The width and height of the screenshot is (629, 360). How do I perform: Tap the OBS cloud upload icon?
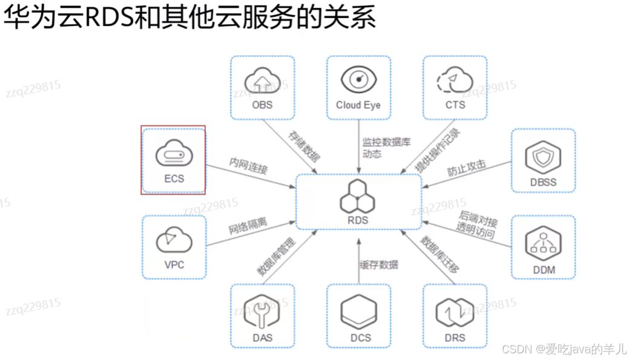pos(262,81)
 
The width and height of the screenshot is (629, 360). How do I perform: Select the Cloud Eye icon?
pos(358,80)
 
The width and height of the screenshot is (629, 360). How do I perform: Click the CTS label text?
pos(455,105)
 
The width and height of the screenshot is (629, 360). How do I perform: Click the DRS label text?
pos(455,338)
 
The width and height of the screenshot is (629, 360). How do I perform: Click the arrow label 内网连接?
pos(248,165)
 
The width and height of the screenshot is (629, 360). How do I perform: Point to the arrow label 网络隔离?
pos(249,224)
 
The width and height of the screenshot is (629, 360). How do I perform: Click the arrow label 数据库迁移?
pos(440,260)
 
